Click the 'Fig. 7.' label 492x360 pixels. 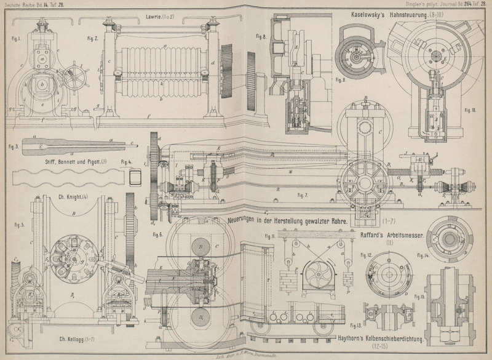tap(301, 195)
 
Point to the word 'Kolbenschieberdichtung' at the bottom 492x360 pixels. tap(391, 338)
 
